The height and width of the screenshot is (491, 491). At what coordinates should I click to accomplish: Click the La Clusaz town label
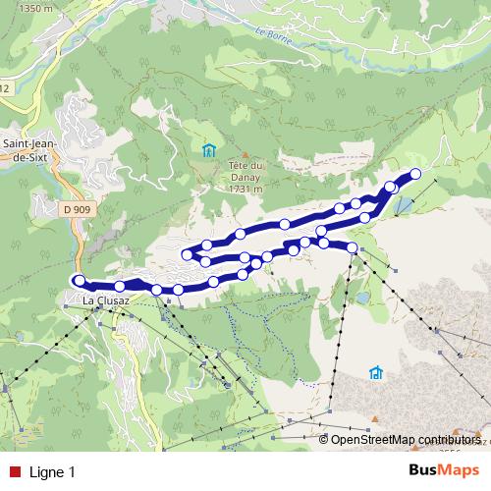coord(107,300)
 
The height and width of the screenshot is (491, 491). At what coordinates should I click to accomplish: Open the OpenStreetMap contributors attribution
coord(405,440)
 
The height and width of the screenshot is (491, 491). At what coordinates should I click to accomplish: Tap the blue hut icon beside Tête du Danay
coord(207,150)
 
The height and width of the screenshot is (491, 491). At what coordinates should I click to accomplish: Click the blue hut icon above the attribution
coord(375,373)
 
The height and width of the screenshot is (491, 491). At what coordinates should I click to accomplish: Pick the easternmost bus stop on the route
coord(414,174)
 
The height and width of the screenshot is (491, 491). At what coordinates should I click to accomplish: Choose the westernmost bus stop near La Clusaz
coord(80,281)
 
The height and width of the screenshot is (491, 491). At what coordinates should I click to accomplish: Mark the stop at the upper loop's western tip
coord(186,255)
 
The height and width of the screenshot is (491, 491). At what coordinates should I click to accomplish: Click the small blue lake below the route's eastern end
coord(403,205)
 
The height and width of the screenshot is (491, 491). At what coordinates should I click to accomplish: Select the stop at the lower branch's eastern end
coord(353,247)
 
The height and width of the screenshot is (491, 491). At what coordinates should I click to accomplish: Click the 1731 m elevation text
coord(247,190)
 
